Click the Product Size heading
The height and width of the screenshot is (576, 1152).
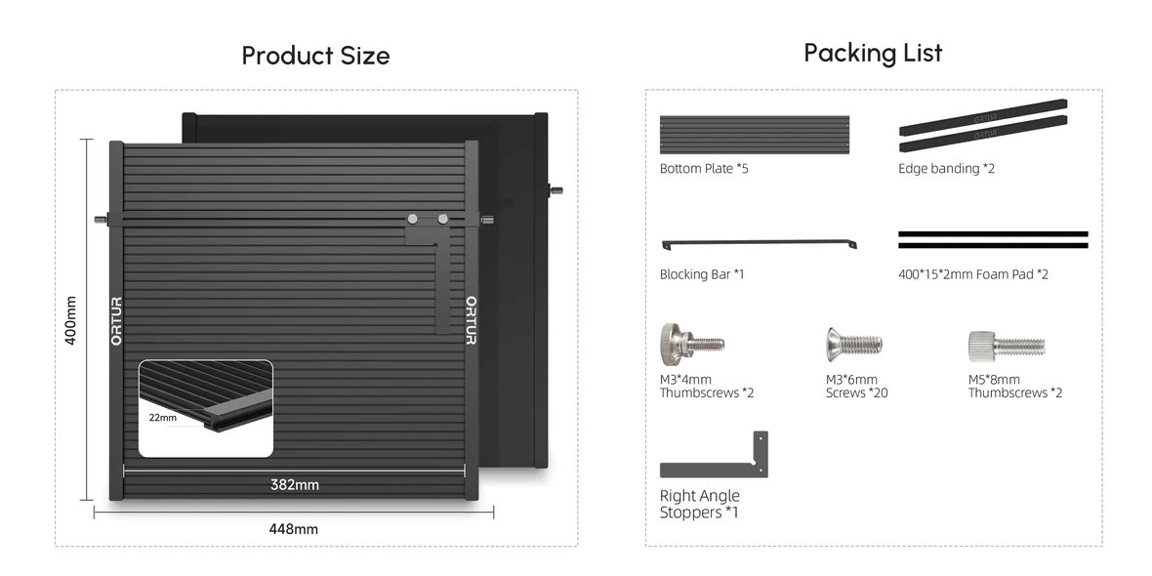tap(316, 56)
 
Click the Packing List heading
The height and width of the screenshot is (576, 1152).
tap(873, 53)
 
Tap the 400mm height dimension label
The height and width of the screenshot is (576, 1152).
tap(70, 320)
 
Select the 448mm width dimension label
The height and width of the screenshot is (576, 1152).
tap(294, 529)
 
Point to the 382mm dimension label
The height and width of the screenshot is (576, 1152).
tap(295, 485)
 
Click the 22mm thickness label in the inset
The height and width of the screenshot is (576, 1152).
tap(162, 418)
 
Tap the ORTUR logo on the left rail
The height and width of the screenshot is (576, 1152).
tap(116, 321)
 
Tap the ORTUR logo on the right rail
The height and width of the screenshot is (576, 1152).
tap(471, 320)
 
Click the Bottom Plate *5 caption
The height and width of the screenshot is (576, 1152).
tap(704, 168)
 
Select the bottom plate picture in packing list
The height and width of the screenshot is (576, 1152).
tap(755, 135)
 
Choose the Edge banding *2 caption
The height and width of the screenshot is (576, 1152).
tap(946, 168)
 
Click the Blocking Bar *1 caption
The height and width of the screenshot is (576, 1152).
tap(702, 274)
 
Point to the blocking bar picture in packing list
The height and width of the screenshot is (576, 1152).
tap(759, 243)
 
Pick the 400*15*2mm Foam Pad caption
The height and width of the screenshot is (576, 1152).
tap(973, 274)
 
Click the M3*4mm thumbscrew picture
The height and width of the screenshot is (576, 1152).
tap(691, 343)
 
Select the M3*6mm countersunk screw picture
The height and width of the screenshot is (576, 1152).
tap(853, 343)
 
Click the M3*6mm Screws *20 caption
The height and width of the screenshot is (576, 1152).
tap(856, 387)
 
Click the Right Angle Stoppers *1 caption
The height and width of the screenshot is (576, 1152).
tap(699, 504)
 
